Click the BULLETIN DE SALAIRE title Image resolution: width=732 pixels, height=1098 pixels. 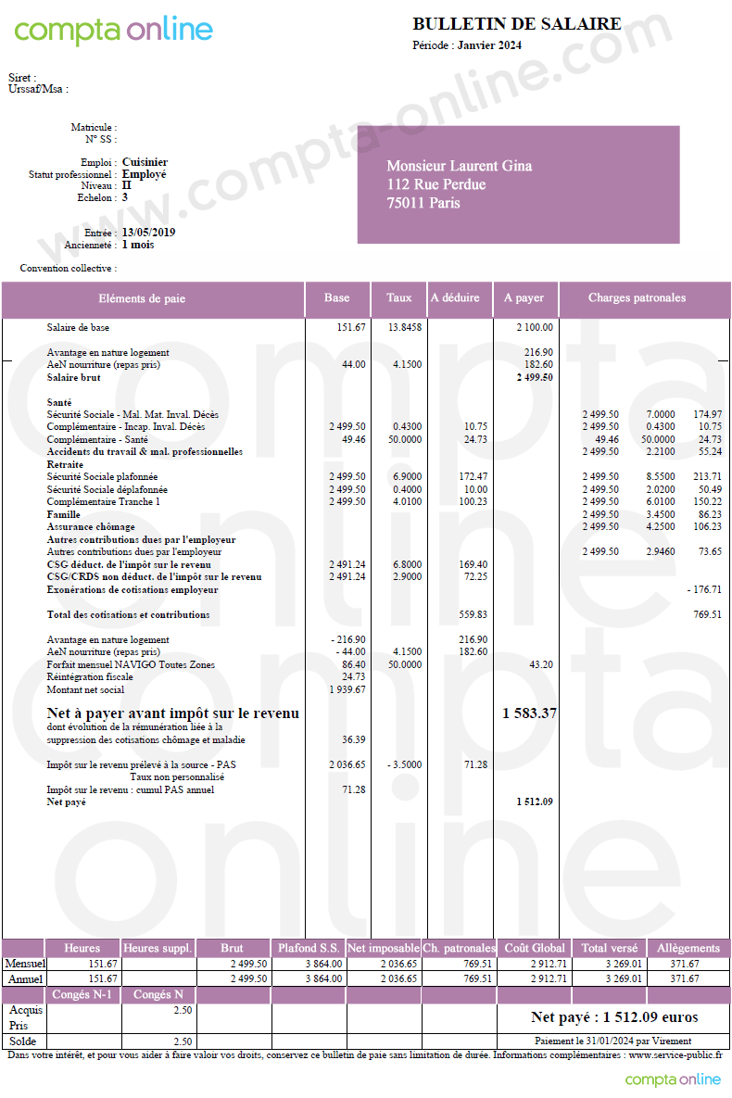point(517,24)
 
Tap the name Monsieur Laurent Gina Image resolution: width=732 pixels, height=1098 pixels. point(459,166)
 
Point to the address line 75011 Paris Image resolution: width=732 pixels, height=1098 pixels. point(423,203)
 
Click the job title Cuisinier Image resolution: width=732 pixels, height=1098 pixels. point(145,162)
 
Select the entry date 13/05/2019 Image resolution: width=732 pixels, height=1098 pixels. point(148,233)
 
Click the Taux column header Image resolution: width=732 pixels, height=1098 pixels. point(398,298)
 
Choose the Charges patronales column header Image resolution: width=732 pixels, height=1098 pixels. point(637,298)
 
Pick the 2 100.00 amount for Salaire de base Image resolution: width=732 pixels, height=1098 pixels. point(535,327)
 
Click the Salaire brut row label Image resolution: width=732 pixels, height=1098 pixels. point(73,377)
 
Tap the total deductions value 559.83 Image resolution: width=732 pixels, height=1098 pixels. point(473,614)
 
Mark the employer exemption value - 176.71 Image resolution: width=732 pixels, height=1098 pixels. point(703,589)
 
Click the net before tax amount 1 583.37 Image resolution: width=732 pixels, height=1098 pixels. point(529,713)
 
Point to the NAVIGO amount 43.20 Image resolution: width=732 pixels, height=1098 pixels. point(540,664)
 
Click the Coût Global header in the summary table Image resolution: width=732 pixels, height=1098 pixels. point(528,948)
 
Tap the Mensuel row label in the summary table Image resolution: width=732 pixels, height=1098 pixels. point(24,964)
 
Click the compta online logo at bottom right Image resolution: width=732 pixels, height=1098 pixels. point(672,1079)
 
